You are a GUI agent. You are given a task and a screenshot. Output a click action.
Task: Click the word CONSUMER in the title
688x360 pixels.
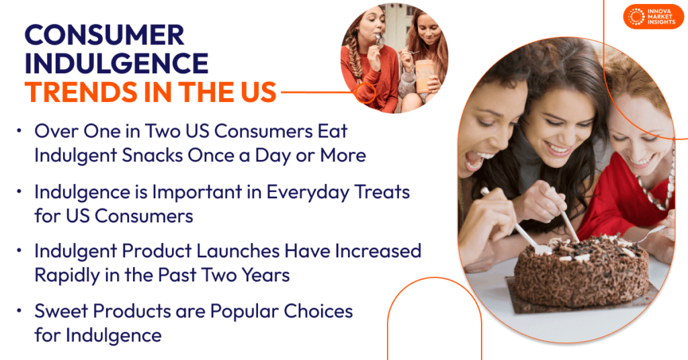coord(104,35)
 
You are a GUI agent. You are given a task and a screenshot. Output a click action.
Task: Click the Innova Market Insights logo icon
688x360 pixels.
coord(635,17)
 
